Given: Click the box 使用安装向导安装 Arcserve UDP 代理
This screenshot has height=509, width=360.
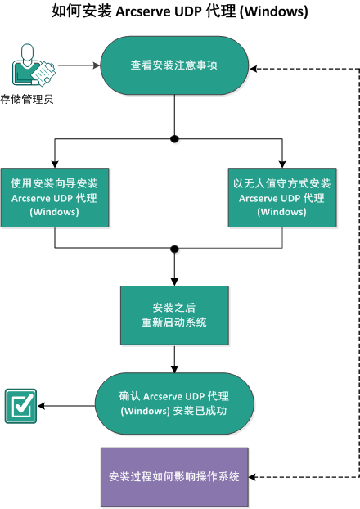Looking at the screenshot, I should (x=55, y=197).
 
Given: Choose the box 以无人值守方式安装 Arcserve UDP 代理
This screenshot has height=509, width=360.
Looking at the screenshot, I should (x=282, y=197).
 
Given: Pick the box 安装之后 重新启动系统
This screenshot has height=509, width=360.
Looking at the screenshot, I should (x=174, y=314).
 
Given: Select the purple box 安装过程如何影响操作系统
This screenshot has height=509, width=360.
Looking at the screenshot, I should (x=174, y=476).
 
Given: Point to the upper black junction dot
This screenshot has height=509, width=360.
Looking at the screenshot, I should (x=174, y=139).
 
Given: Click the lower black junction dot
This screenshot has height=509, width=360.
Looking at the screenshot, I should (x=174, y=247).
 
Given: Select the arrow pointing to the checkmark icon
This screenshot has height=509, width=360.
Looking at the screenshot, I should (x=65, y=405).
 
